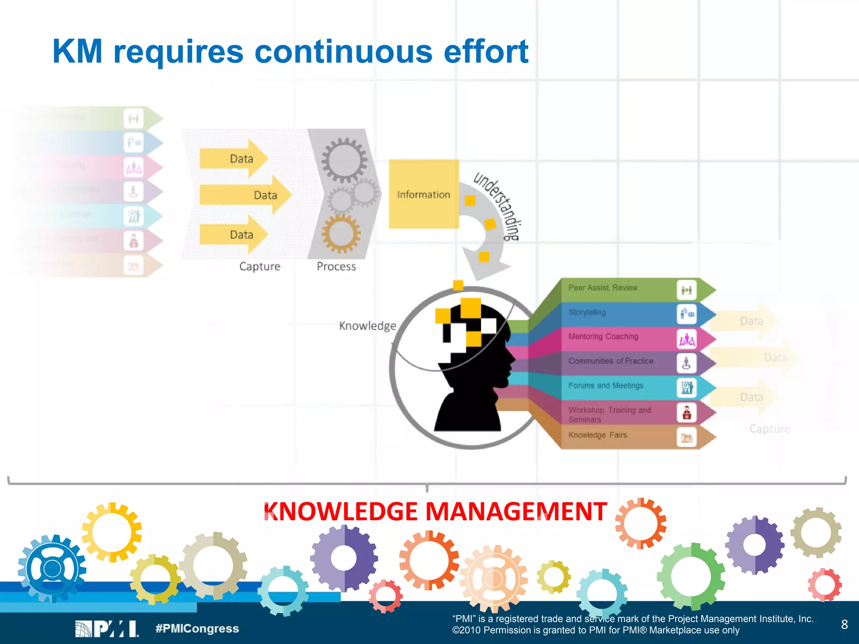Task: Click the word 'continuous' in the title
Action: point(343,52)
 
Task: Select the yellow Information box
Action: point(424,194)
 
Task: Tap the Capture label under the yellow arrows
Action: point(260,266)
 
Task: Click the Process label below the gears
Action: point(336,266)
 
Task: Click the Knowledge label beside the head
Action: point(367,326)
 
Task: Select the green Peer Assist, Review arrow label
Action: point(603,288)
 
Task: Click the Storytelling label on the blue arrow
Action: point(587,312)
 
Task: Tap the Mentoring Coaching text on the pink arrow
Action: point(603,337)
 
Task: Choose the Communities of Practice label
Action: point(611,361)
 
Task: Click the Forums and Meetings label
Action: point(606,385)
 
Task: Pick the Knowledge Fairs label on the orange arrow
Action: point(598,435)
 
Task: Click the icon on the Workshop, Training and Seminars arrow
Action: point(687,413)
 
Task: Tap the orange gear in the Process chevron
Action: point(341,233)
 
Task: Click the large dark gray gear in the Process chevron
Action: point(344,161)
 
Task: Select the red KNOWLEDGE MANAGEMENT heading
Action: point(435,512)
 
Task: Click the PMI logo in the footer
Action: point(107,628)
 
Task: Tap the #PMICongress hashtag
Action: point(197,628)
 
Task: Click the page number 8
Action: point(844,624)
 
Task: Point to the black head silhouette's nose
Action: point(513,358)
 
